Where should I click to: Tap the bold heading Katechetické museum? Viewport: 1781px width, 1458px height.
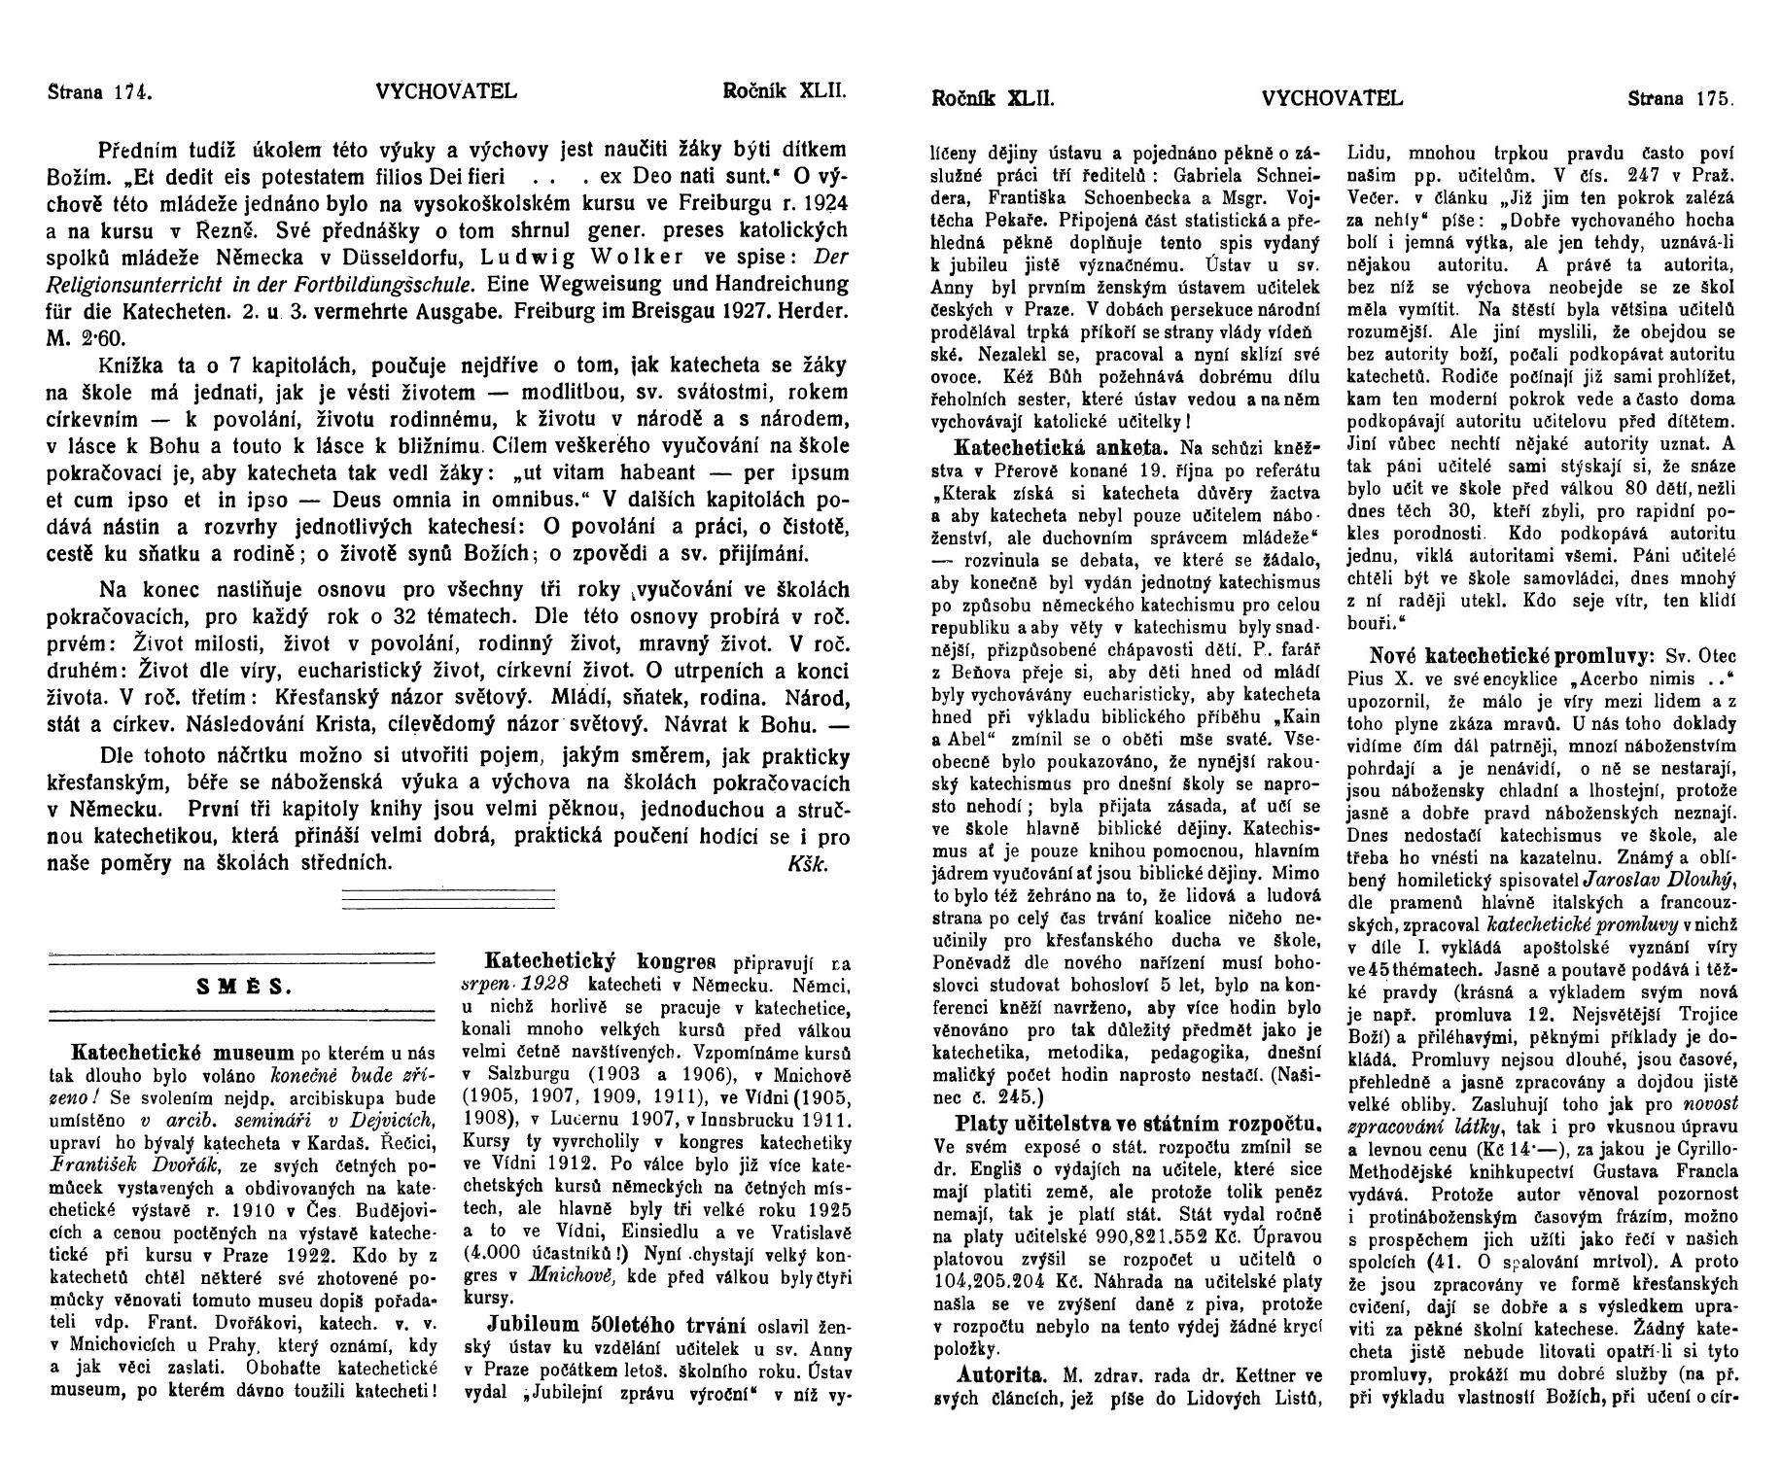(x=183, y=1053)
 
